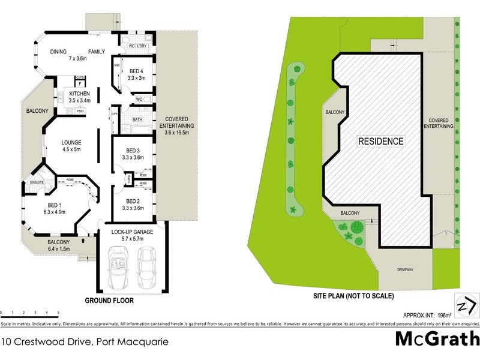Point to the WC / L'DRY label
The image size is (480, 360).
pyautogui.click(x=139, y=46)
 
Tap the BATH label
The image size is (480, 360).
pyautogui.click(x=137, y=119)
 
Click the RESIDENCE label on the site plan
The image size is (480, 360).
pyautogui.click(x=381, y=142)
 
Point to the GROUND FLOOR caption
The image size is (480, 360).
pyautogui.click(x=109, y=301)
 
